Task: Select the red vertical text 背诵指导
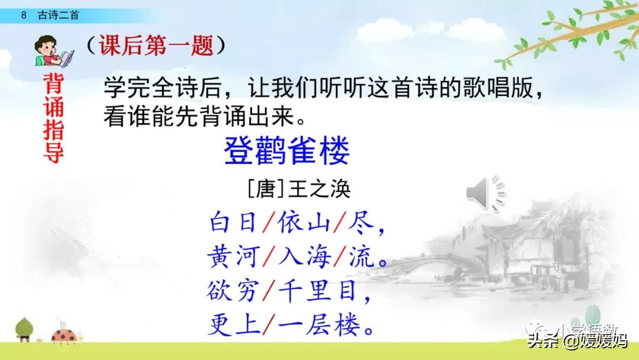click(53, 118)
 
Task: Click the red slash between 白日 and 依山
click(268, 224)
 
